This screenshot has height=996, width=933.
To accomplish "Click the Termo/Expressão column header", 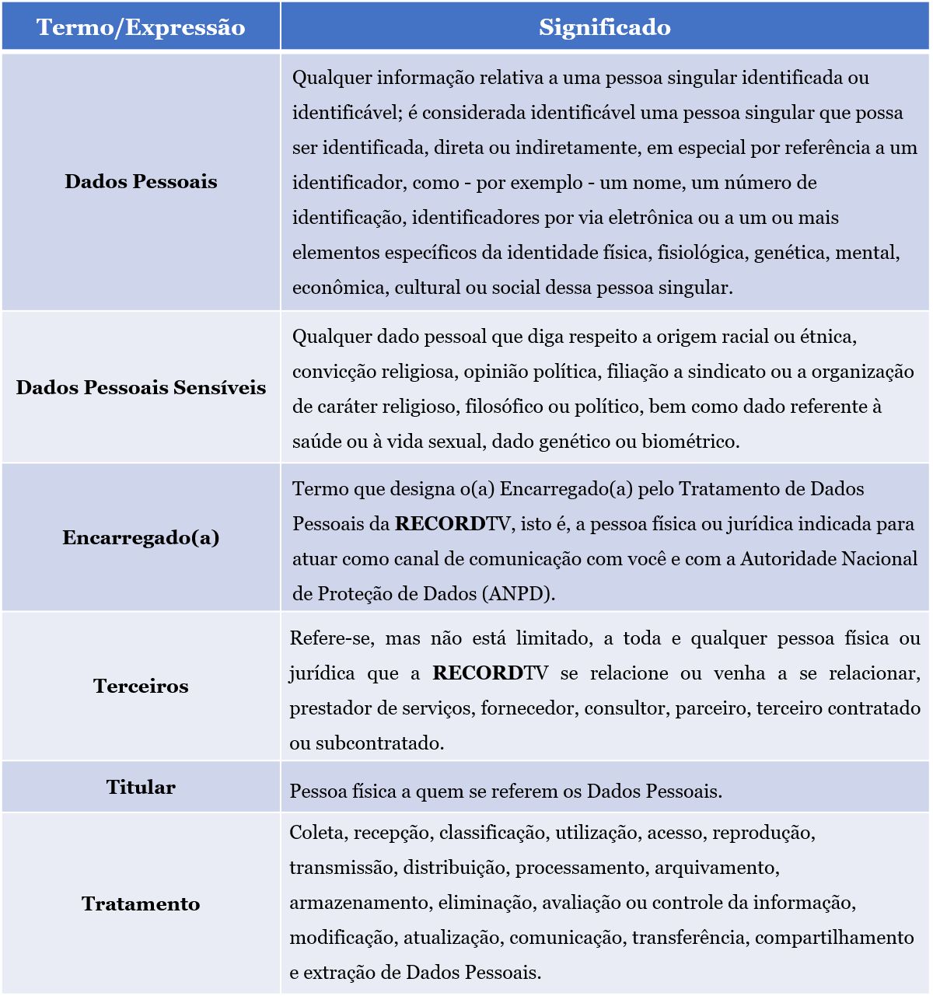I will point(141,27).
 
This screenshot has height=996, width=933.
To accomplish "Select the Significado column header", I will point(605,27).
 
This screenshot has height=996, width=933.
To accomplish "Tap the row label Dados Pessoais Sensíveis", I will point(141,387).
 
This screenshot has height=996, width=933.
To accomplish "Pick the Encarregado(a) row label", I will point(141,537).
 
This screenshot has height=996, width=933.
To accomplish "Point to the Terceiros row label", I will point(141,686).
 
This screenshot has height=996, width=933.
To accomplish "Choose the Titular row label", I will point(141,787).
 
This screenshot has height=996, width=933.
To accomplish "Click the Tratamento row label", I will point(141,903).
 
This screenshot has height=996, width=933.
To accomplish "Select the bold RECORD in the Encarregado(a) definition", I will point(440,524).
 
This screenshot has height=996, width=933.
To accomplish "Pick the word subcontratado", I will point(379,743).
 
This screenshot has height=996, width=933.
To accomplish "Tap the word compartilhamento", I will point(834,938).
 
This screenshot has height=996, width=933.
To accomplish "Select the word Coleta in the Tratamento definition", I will point(316,833).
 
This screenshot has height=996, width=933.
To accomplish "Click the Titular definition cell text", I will point(506,792).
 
